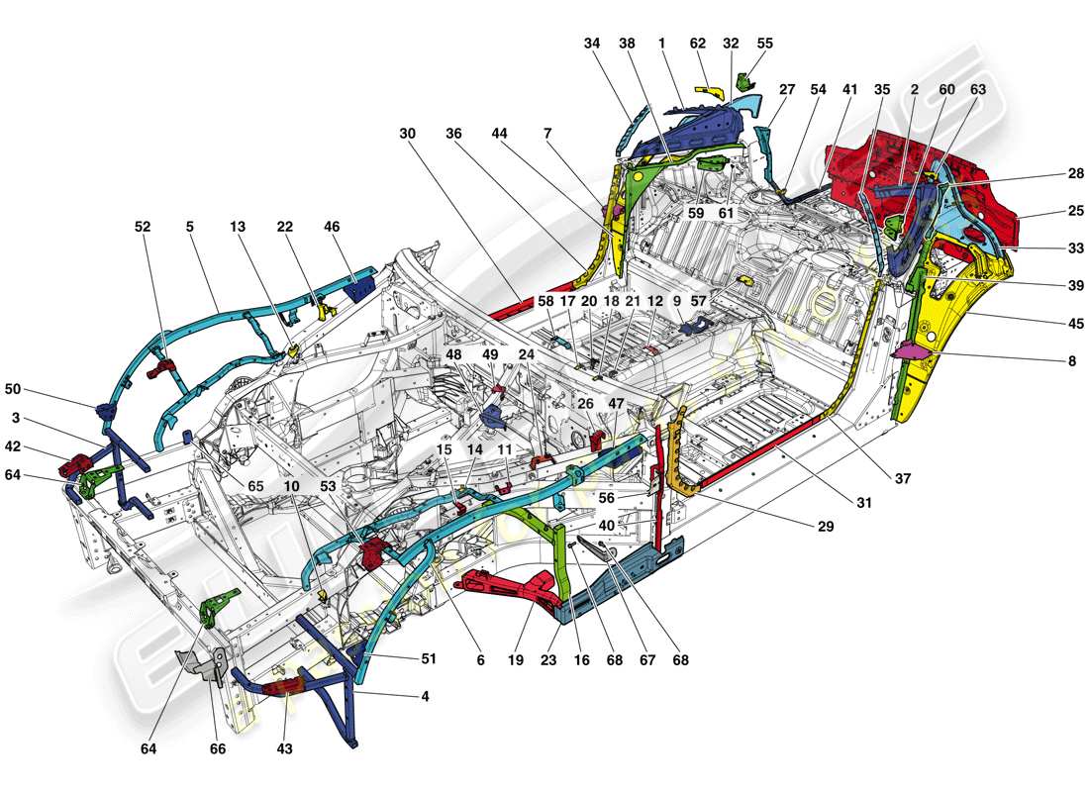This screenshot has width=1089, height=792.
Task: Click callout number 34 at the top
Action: coord(592,44)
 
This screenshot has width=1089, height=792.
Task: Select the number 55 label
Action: coord(765,44)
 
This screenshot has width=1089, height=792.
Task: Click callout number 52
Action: coord(145,227)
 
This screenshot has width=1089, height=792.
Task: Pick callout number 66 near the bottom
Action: coord(218,749)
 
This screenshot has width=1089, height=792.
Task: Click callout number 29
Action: coord(826,527)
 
